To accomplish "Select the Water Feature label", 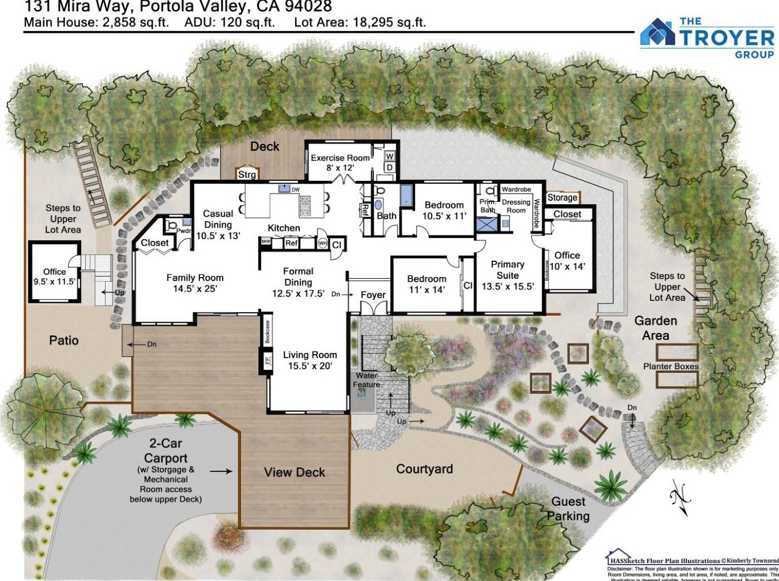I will click(366, 380).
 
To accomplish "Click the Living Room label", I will click(310, 360).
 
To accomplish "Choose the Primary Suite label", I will click(507, 275).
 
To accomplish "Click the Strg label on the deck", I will click(247, 174).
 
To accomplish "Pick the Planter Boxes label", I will click(671, 366).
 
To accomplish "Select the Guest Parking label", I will click(568, 509).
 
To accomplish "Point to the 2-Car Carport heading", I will click(166, 451).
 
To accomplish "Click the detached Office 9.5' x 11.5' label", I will click(54, 276).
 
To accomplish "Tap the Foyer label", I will click(373, 295).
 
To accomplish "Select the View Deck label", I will click(294, 472).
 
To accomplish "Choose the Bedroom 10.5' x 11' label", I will click(444, 210).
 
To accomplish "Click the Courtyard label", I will click(424, 469).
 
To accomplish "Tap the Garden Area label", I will click(655, 328).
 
